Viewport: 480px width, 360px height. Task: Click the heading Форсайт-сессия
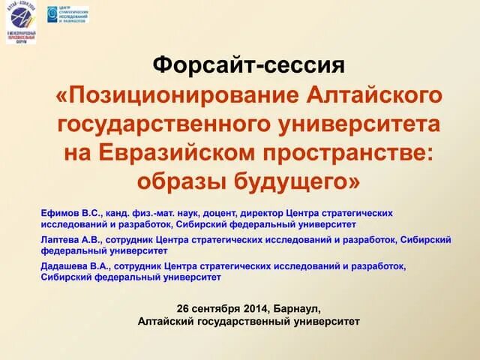pyautogui.click(x=249, y=65)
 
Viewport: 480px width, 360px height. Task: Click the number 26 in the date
pyautogui.click(x=184, y=309)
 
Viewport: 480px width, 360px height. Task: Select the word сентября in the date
pyautogui.click(x=220, y=309)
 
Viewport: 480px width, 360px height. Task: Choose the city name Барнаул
pyautogui.click(x=301, y=309)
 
